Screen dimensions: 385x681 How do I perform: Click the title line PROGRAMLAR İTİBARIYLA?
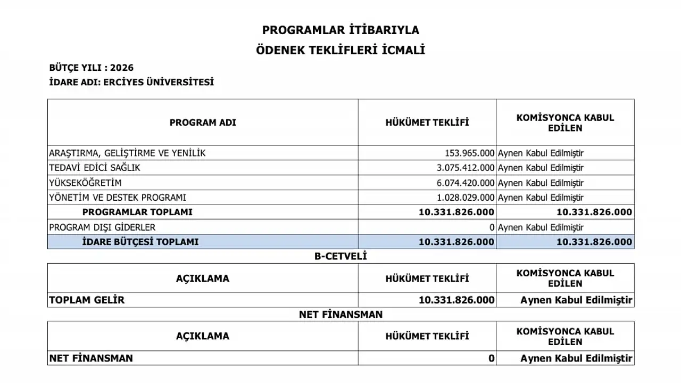pos(340,30)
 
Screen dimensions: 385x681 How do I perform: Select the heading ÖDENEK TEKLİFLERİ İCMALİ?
pos(340,51)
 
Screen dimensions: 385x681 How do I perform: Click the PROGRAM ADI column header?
pos(203,122)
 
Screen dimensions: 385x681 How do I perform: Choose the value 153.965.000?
pos(469,153)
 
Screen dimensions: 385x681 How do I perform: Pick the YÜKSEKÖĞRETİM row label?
pos(78,183)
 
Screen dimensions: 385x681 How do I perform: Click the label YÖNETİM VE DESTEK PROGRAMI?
pos(118,198)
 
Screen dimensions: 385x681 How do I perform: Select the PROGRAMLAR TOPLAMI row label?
pos(137,212)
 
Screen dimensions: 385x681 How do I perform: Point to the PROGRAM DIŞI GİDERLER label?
pos(102,227)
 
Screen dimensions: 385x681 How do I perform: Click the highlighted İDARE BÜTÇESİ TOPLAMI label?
pos(140,242)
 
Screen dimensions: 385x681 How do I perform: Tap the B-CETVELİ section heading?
pos(340,256)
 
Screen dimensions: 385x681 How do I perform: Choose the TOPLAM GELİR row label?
pos(87,300)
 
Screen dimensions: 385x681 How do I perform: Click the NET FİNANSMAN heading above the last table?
pos(340,315)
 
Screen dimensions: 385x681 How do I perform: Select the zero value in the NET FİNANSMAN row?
pos(492,358)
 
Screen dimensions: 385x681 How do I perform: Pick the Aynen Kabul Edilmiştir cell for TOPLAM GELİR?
pos(577,300)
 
